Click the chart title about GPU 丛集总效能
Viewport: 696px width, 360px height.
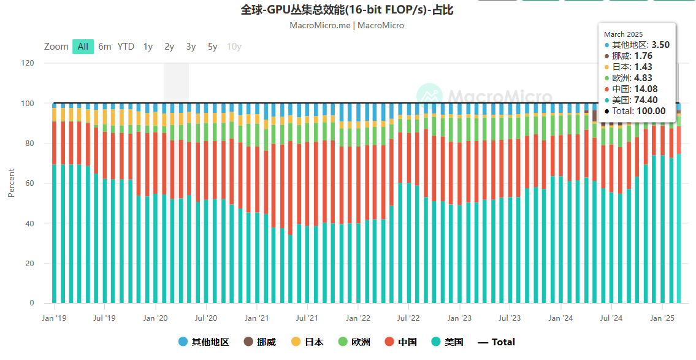(347, 10)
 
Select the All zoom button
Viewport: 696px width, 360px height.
(83, 47)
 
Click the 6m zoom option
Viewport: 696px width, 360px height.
(105, 47)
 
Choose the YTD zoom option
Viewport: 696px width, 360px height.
(126, 47)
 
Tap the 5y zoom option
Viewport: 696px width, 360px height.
(212, 47)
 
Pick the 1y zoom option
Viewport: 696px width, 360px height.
(148, 47)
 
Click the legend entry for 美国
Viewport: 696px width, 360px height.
(447, 342)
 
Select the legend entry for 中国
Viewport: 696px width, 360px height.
(400, 342)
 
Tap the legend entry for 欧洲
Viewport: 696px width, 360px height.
(354, 342)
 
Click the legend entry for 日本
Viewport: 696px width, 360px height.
(307, 342)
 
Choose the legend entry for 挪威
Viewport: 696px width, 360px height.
(260, 342)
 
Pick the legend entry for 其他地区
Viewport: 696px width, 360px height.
(204, 342)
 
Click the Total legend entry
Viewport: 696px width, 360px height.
(496, 342)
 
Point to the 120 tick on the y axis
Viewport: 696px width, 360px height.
(27, 63)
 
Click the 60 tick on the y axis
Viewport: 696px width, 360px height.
(29, 183)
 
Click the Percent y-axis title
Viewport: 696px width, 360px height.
(11, 183)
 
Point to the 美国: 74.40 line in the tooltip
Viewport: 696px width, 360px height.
(635, 100)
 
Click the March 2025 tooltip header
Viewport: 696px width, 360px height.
(624, 34)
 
